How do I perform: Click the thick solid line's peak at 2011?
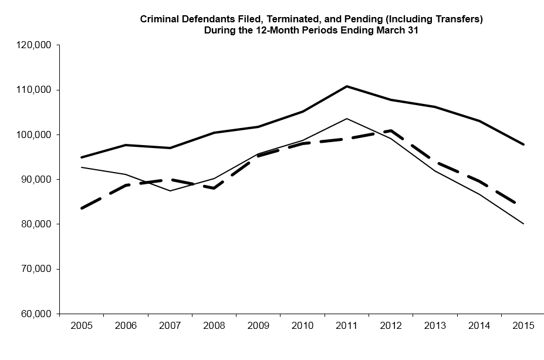tap(347, 86)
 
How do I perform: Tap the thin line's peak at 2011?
tap(347, 119)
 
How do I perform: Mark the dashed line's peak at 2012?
tap(391, 130)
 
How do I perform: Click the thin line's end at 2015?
tap(523, 224)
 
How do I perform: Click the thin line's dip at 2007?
tap(170, 191)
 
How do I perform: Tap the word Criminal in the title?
tap(158, 19)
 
